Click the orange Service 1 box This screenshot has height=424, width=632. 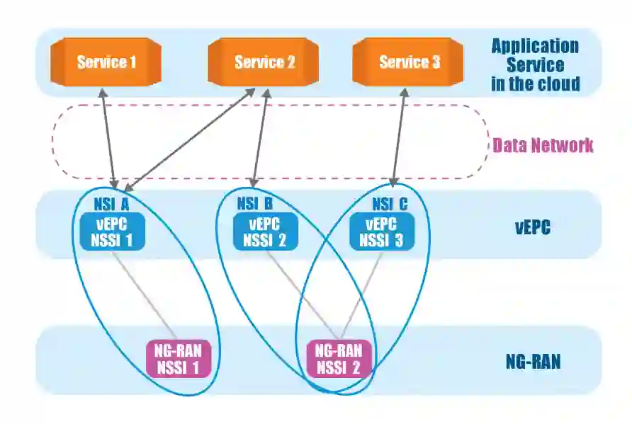tap(106, 62)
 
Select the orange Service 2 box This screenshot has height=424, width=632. tap(264, 62)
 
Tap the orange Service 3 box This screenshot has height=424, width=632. tap(409, 62)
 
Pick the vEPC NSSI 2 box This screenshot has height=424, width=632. tap(266, 231)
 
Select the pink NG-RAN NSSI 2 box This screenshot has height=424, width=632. tap(339, 358)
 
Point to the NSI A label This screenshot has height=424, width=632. tap(111, 205)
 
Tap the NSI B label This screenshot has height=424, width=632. tap(255, 205)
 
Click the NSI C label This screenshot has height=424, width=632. tap(390, 205)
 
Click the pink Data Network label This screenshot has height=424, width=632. tap(543, 146)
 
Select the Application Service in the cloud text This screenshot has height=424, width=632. tap(535, 65)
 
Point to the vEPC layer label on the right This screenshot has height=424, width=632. tap(533, 229)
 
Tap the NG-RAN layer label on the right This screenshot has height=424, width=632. tap(533, 362)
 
